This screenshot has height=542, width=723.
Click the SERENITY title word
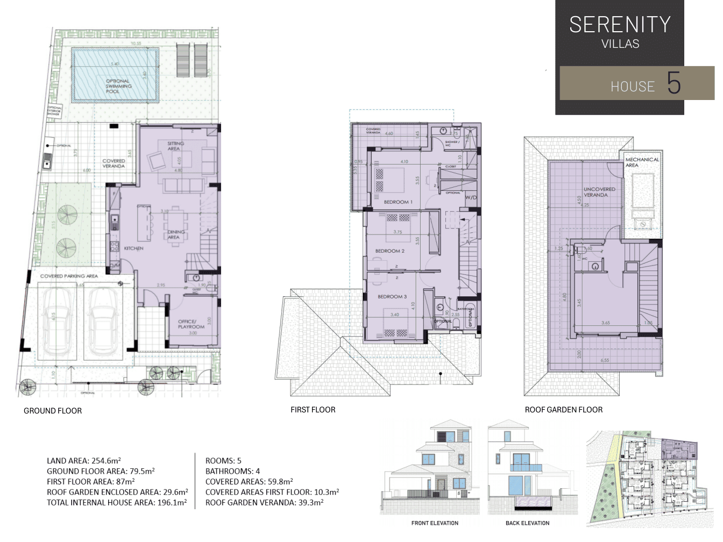(620, 25)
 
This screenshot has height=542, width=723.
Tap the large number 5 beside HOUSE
(674, 83)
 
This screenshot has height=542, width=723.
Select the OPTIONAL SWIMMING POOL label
(118, 86)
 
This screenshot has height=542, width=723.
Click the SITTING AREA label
(175, 146)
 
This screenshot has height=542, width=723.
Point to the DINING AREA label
(175, 234)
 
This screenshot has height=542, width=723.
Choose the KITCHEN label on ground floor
(133, 248)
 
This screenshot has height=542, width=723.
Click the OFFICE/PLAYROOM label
(191, 324)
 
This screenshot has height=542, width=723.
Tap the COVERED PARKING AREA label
(69, 276)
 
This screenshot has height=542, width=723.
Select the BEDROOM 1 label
(398, 202)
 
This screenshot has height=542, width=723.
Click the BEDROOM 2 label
(390, 251)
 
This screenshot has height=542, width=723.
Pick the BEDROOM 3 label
(392, 296)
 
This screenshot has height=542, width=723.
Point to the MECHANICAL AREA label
(642, 162)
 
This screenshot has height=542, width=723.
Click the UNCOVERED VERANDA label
(599, 192)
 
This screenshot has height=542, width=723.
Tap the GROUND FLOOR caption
(53, 411)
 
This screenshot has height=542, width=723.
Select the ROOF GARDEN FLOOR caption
(563, 410)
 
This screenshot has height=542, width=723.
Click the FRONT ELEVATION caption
(435, 523)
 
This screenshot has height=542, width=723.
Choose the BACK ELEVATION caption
(527, 523)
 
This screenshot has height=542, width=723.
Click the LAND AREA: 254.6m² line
(84, 461)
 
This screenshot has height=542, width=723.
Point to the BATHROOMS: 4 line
(232, 471)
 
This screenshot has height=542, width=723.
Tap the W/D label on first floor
(471, 197)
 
